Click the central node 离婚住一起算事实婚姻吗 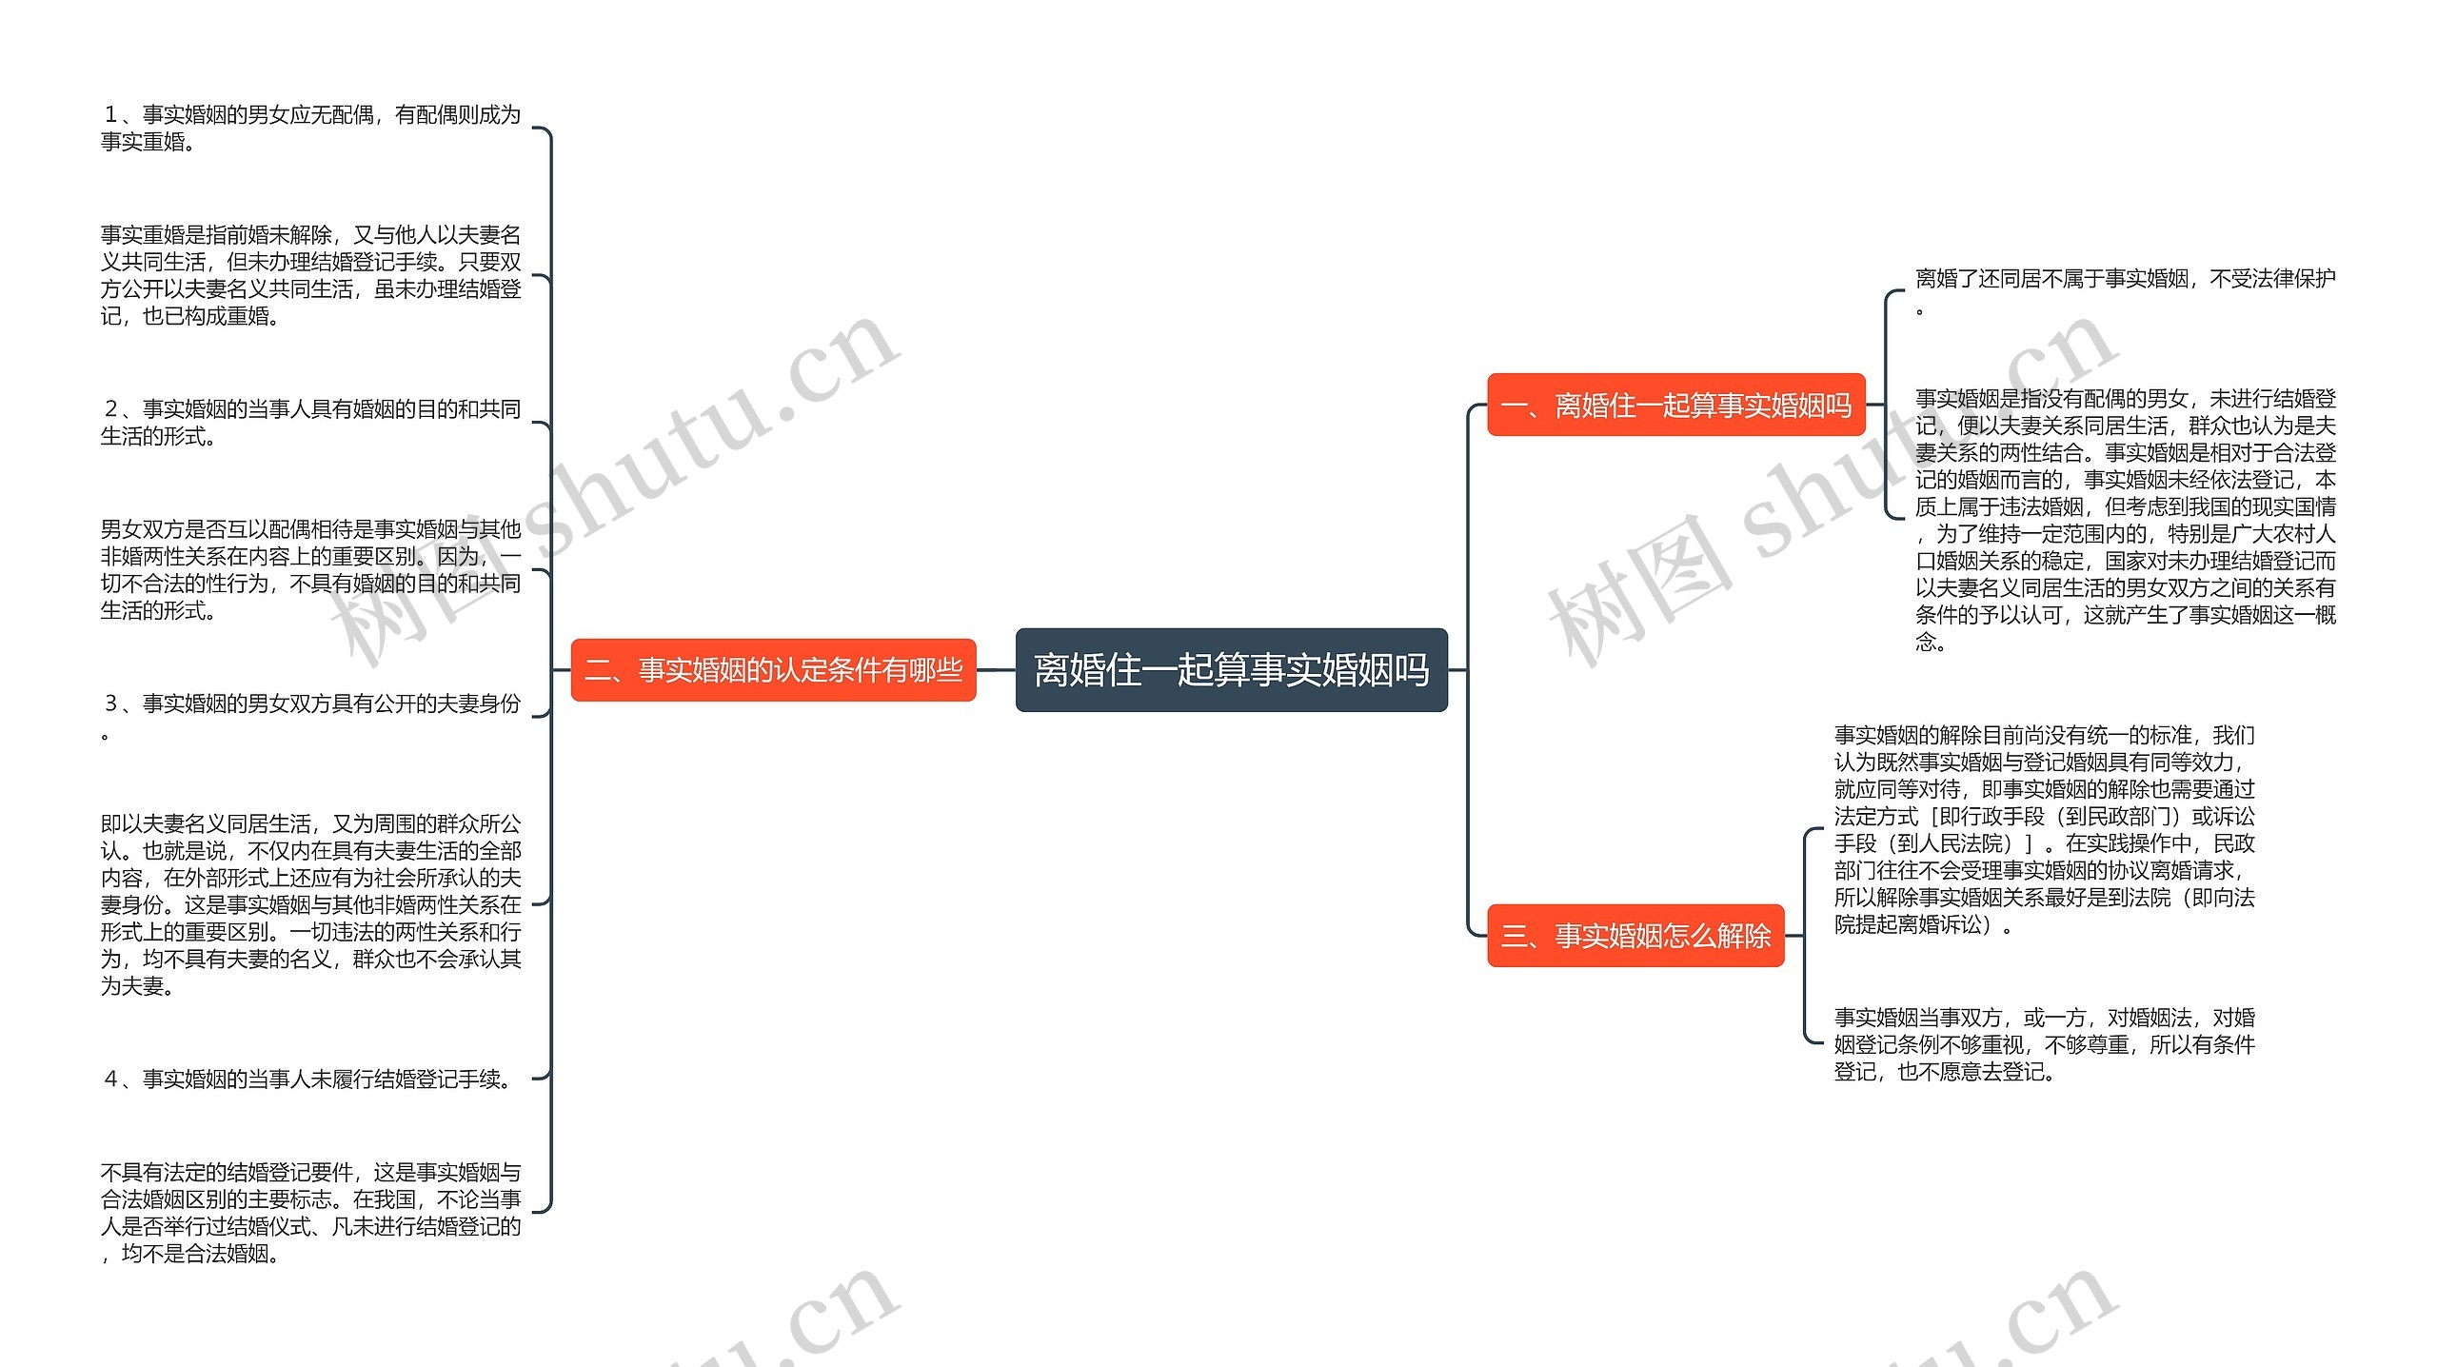click(1231, 670)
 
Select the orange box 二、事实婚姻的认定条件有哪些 click(773, 670)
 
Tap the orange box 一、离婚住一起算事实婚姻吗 click(1675, 406)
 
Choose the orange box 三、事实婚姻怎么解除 click(1635, 936)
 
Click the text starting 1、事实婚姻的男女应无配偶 click(310, 128)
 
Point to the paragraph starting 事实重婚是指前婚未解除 click(310, 275)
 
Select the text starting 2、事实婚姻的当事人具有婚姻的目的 click(310, 422)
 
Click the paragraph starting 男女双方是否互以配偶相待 click(310, 569)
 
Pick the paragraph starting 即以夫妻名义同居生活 click(310, 903)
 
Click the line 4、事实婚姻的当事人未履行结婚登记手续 click(307, 1079)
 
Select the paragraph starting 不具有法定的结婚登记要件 click(310, 1212)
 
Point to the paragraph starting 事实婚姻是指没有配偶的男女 click(2125, 519)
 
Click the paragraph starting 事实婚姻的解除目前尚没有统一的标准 click(2044, 828)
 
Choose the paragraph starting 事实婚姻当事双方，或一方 click(2044, 1044)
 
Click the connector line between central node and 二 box click(996, 670)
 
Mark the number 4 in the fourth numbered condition click(111, 1079)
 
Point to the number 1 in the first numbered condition click(111, 115)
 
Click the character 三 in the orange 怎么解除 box click(1514, 936)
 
